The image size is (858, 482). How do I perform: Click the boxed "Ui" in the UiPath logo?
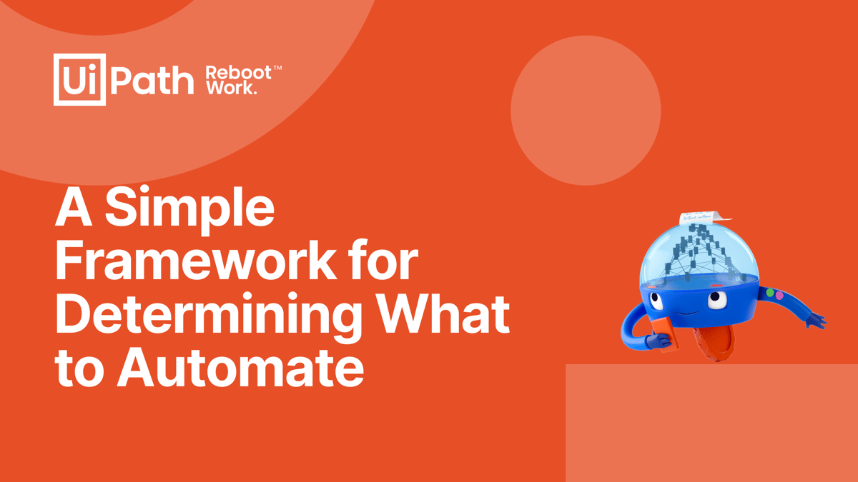click(x=79, y=79)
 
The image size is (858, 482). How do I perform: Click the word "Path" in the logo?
click(x=152, y=80)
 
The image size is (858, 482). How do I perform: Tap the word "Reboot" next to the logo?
click(x=239, y=73)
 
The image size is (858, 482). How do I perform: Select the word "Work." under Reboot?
click(x=231, y=88)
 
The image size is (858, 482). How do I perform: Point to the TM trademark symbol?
click(x=277, y=68)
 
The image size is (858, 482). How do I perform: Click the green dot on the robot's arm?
click(x=770, y=293)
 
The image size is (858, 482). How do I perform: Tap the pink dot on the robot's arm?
click(x=779, y=296)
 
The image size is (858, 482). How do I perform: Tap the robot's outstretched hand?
click(x=816, y=321)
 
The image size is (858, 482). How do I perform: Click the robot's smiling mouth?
click(x=687, y=313)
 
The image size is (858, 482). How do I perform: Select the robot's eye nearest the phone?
click(x=656, y=301)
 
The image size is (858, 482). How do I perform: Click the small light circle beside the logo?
click(x=586, y=111)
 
